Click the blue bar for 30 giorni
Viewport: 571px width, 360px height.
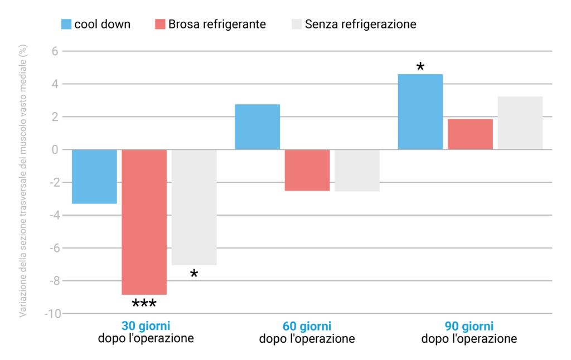click(x=94, y=177)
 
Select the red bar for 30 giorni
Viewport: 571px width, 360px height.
click(x=144, y=222)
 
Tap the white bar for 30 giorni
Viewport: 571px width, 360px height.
click(x=193, y=207)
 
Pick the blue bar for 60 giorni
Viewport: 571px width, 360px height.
click(x=257, y=127)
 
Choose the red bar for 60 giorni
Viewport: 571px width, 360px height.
click(x=307, y=170)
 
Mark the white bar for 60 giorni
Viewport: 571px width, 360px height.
click(x=357, y=171)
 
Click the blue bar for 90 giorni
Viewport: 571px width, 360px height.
click(x=420, y=111)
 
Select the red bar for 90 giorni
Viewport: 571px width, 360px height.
click(x=470, y=134)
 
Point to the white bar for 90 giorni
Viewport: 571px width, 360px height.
click(x=520, y=123)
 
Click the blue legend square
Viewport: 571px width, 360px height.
click(x=66, y=24)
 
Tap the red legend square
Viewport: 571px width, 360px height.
click(x=160, y=24)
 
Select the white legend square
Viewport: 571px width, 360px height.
click(x=297, y=24)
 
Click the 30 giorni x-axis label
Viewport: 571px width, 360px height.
click(x=146, y=327)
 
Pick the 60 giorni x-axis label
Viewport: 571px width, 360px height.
click(x=307, y=327)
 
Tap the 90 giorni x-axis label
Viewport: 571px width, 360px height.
click(x=469, y=327)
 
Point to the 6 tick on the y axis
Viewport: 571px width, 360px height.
click(x=55, y=51)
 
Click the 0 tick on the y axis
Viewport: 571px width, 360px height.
click(x=55, y=149)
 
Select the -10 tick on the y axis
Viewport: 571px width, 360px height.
click(x=52, y=314)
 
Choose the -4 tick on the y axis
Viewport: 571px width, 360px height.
click(x=54, y=215)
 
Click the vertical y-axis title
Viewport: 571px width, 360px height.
click(x=23, y=181)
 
